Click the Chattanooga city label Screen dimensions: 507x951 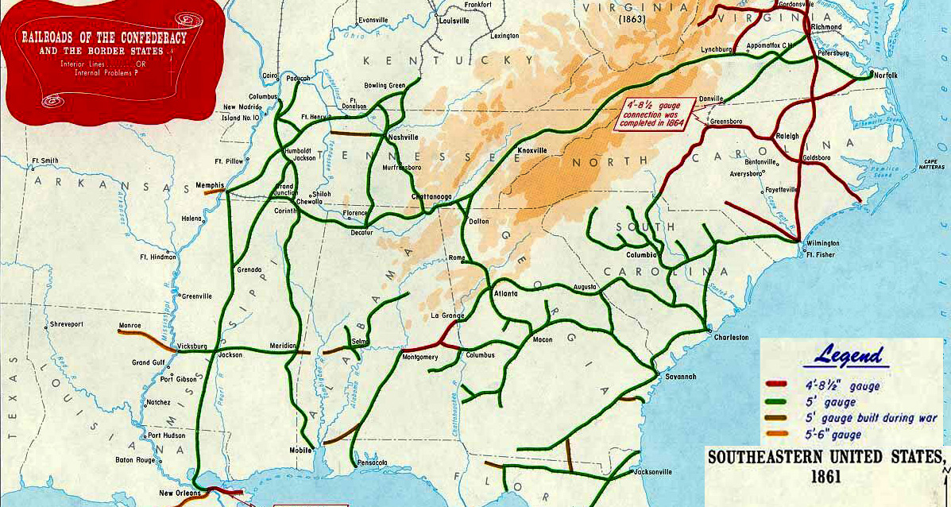(431, 196)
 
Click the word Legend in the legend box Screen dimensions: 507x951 (851, 356)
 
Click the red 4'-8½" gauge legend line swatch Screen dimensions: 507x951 (777, 384)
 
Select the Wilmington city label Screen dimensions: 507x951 (822, 243)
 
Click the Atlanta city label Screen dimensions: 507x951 (505, 293)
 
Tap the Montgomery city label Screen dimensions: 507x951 (420, 357)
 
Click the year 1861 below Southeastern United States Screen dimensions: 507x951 (826, 478)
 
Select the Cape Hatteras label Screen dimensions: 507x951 (930, 164)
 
